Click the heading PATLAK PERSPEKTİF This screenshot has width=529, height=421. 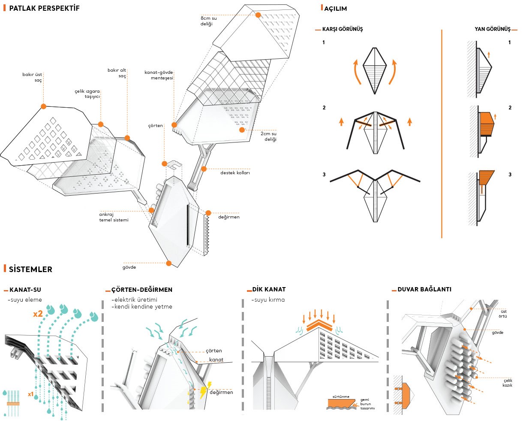[x=44, y=8]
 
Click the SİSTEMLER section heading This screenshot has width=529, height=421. [x=30, y=270]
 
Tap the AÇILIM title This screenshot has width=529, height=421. [x=335, y=9]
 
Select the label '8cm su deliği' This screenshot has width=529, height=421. [x=208, y=21]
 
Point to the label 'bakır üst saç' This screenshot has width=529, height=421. [x=32, y=77]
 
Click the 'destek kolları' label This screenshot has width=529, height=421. [x=235, y=173]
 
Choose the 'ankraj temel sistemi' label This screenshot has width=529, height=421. [x=114, y=217]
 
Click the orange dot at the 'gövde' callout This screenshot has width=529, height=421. [x=169, y=263]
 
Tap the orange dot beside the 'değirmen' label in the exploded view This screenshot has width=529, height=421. [x=208, y=213]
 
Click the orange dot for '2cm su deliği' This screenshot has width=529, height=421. [x=242, y=130]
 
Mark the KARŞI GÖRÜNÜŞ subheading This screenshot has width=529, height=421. [x=342, y=29]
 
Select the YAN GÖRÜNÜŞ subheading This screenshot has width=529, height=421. [x=492, y=29]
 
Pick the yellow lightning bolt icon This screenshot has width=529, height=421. [x=203, y=391]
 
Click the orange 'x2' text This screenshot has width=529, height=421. [x=38, y=314]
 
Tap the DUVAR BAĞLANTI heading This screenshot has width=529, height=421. [x=424, y=289]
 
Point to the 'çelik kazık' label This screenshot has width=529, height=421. [x=507, y=383]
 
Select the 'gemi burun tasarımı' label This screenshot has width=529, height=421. [x=367, y=404]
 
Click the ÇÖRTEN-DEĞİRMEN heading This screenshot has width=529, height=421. [x=141, y=290]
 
